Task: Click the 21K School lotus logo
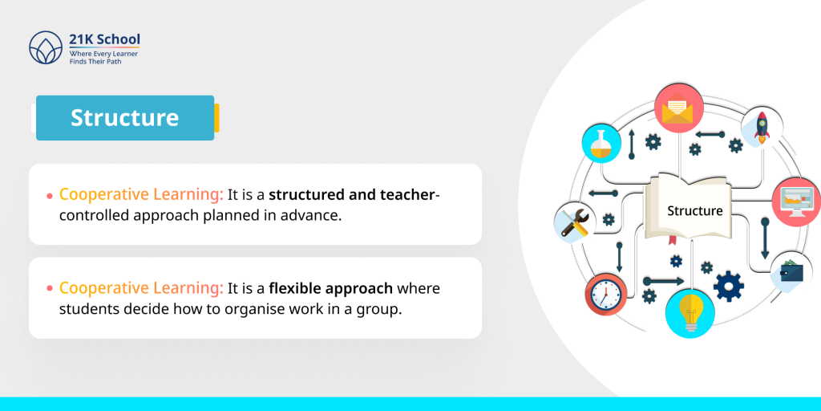[46, 47]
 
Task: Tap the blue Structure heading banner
[125, 118]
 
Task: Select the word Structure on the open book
[695, 211]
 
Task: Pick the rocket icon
[762, 127]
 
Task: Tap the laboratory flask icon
[601, 144]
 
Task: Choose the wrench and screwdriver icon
[574, 222]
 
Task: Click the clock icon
[605, 294]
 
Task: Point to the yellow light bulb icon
[690, 313]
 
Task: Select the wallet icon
[791, 272]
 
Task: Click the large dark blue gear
[728, 286]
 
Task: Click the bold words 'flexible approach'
[331, 289]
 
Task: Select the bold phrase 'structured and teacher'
[352, 195]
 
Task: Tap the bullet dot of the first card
[50, 196]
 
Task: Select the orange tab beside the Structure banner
[216, 118]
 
